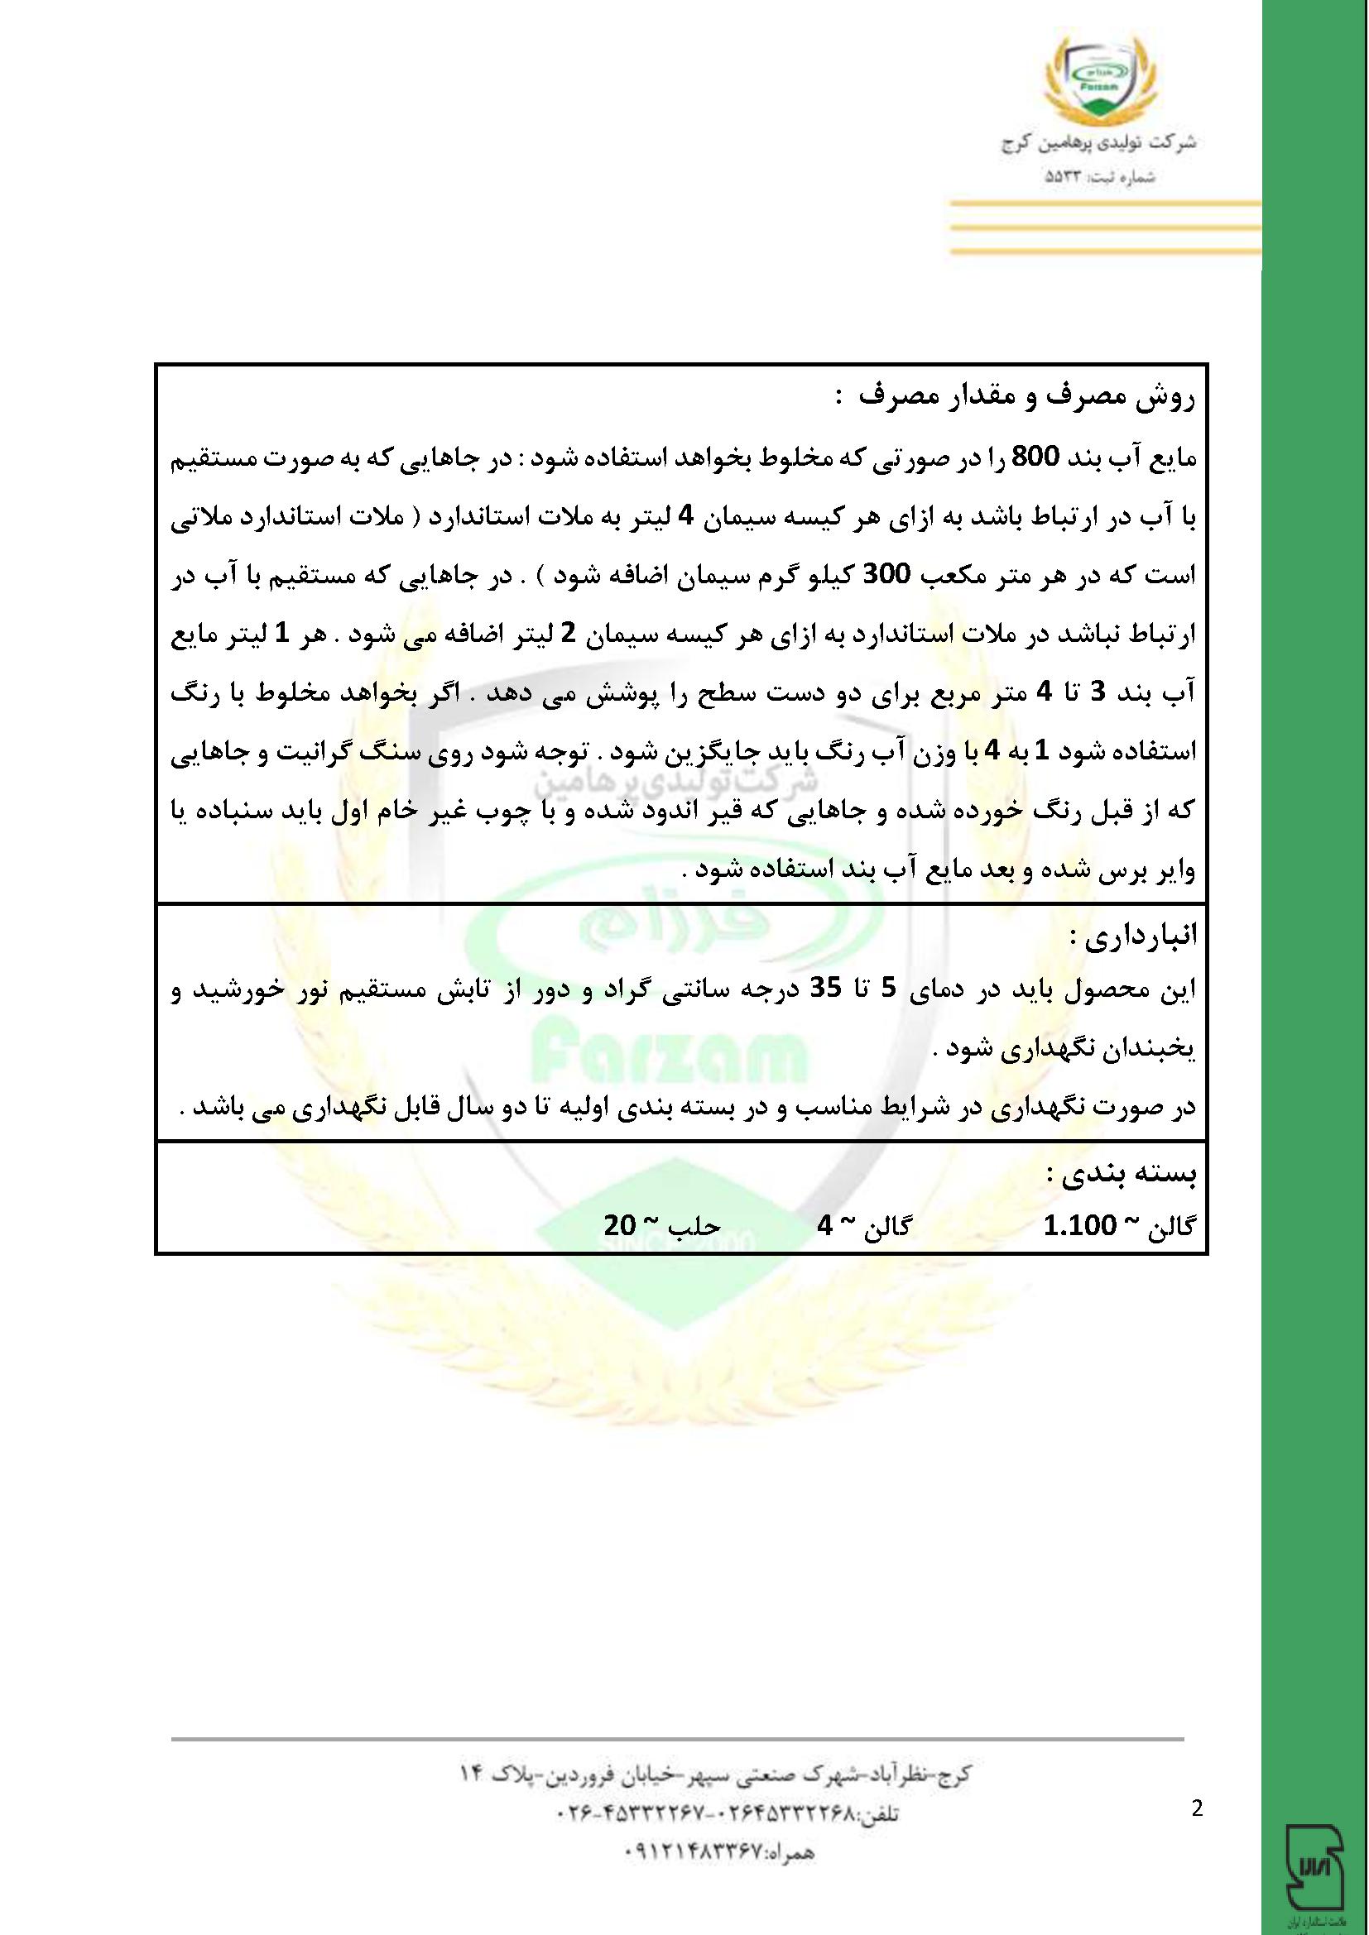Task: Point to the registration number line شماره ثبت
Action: (x=1099, y=179)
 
